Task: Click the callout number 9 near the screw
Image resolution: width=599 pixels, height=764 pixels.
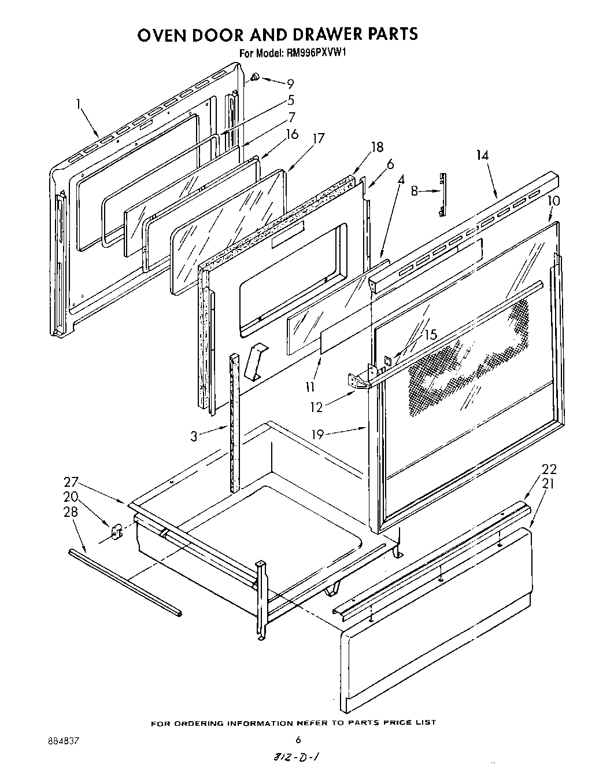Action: [x=290, y=84]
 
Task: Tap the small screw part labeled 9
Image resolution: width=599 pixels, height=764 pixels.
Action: [x=256, y=77]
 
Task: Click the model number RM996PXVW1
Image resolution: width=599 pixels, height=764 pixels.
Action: [x=317, y=53]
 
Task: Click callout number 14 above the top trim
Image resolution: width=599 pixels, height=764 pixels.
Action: [x=482, y=155]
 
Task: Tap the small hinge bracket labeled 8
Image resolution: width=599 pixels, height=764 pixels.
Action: [x=443, y=194]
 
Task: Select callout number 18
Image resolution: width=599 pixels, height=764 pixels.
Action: [x=377, y=147]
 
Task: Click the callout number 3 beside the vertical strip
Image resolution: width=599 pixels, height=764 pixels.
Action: [x=194, y=437]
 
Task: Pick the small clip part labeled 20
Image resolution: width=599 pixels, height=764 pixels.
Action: [x=115, y=531]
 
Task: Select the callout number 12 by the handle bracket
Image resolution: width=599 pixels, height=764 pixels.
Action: [x=316, y=407]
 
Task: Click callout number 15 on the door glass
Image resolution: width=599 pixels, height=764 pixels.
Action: [x=430, y=335]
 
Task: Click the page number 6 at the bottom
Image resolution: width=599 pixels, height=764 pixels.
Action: [x=299, y=739]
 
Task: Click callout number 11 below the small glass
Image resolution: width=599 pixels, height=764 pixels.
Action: [x=310, y=386]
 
